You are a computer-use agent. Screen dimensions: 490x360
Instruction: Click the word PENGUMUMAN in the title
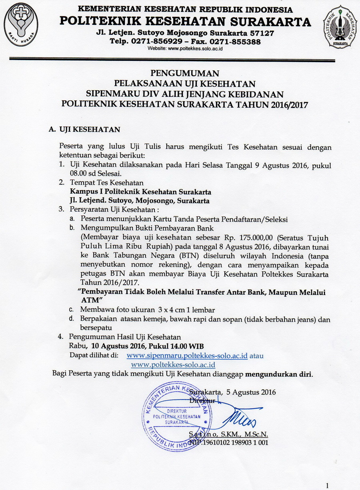click(x=185, y=73)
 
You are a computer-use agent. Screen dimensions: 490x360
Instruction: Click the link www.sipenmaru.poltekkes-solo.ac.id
click(x=187, y=356)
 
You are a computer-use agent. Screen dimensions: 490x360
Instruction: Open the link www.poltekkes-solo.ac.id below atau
click(x=173, y=365)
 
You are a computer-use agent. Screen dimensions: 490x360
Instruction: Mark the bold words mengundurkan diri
click(x=278, y=374)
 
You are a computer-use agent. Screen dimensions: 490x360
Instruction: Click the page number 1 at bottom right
click(x=327, y=486)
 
